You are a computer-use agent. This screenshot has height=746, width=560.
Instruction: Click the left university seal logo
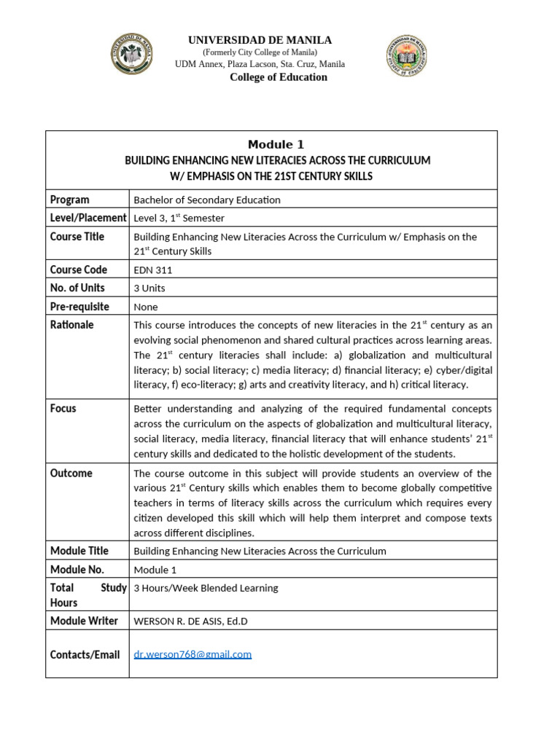click(x=132, y=53)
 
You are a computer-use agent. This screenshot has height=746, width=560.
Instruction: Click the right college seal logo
click(x=405, y=57)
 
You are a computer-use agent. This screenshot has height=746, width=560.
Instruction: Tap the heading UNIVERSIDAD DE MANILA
click(x=260, y=40)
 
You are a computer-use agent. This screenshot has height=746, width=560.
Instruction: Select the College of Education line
click(x=279, y=77)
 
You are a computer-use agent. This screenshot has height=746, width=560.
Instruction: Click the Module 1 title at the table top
click(x=276, y=144)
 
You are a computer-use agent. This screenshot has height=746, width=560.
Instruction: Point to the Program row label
click(x=70, y=200)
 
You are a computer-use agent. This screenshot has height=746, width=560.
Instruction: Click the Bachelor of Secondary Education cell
click(x=207, y=200)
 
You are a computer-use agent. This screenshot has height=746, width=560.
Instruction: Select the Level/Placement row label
click(x=87, y=218)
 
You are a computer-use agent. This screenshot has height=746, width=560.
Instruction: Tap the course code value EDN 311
click(x=153, y=270)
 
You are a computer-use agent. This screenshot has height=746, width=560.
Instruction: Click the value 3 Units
click(x=149, y=288)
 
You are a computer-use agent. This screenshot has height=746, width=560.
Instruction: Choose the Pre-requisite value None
click(x=146, y=307)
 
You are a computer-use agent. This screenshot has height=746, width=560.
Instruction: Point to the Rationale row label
click(x=71, y=325)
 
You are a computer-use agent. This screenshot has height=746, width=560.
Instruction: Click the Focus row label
click(x=63, y=409)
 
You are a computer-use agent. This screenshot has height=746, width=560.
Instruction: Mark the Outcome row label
click(x=71, y=474)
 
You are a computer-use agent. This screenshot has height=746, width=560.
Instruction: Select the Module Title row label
click(x=79, y=551)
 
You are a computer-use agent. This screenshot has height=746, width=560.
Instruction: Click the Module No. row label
click(x=77, y=570)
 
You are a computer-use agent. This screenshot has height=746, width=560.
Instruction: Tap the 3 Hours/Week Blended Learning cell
click(x=206, y=588)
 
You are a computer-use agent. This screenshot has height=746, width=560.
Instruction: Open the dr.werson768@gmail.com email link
click(x=192, y=654)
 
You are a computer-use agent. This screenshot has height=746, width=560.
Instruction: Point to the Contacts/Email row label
click(x=85, y=655)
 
